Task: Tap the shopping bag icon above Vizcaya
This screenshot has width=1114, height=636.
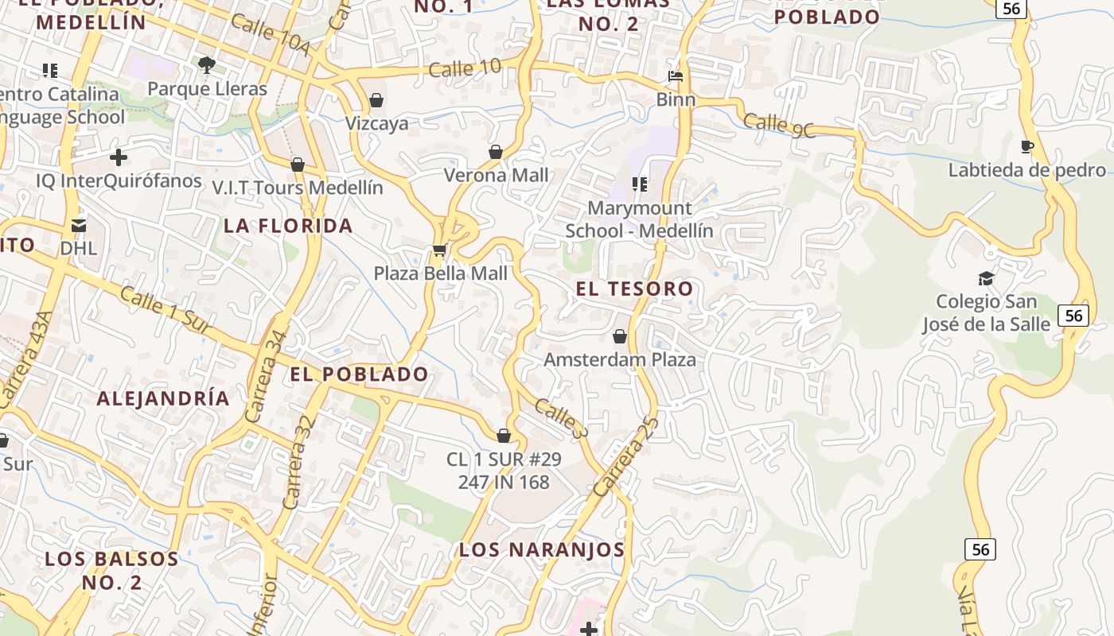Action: coord(376,101)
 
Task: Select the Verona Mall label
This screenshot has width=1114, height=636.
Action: coord(496,175)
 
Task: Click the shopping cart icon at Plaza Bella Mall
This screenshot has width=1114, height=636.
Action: coord(438,250)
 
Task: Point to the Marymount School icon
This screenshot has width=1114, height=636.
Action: coord(639,184)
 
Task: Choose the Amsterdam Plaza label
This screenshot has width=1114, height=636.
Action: coord(619,359)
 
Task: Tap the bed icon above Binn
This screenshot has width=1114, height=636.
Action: coord(676,77)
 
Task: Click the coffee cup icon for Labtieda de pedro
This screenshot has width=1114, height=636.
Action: coord(1026,146)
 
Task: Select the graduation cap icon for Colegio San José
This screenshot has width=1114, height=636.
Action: coord(986,278)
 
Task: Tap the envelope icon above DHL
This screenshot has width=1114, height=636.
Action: coord(79,226)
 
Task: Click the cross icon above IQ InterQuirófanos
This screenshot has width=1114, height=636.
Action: coord(119,157)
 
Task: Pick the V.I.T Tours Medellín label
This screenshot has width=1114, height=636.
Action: coord(297,188)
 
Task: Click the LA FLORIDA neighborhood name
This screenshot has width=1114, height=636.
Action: coord(288,226)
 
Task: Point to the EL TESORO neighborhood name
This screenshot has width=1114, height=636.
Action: coord(634,289)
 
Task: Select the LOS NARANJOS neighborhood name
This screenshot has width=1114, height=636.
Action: coord(542,549)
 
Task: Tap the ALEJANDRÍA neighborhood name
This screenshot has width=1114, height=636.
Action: coord(163,398)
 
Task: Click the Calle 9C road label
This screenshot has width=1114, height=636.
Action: coord(779,126)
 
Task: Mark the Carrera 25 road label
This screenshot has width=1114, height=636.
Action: coord(625,457)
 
